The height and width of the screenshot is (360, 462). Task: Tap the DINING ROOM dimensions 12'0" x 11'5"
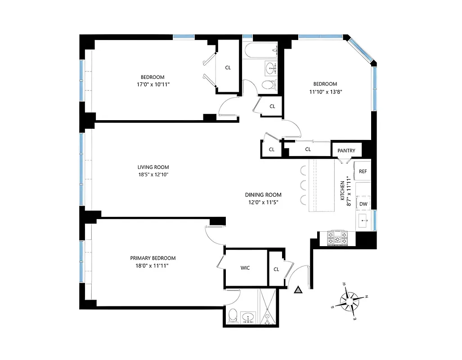263,202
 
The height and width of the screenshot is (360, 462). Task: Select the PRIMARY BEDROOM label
153,258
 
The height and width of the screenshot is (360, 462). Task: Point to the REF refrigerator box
363,171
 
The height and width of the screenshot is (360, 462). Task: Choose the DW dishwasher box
363,204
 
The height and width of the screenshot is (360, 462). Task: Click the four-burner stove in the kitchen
338,237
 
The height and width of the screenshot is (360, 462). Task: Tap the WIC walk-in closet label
245,268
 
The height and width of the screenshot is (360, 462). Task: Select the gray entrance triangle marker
297,290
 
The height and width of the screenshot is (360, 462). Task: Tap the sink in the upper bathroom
271,69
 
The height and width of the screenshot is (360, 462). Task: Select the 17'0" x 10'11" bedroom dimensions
153,84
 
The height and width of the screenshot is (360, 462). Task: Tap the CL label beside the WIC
276,269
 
